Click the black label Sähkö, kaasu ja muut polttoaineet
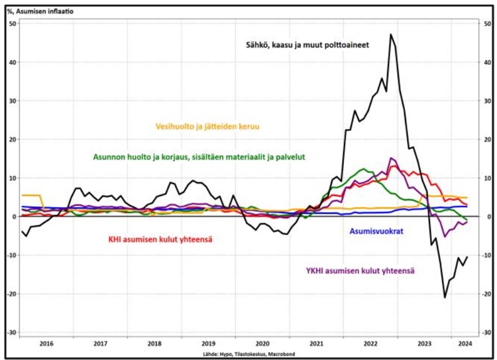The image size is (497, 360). (304, 44)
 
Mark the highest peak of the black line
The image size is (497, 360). (391, 34)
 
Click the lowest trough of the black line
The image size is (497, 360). (445, 298)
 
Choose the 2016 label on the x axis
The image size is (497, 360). (47, 344)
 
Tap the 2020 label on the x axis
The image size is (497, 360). (262, 344)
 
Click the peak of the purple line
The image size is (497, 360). (391, 158)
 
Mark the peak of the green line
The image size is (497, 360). (363, 169)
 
